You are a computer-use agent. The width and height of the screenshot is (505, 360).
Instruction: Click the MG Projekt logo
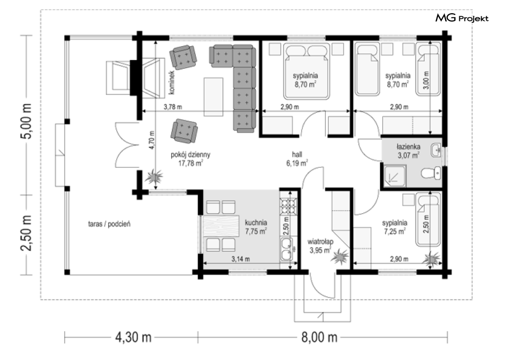[x=462, y=18]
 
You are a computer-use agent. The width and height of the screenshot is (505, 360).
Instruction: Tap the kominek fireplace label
[x=172, y=82]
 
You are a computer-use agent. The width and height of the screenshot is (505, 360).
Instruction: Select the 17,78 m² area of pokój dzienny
[x=190, y=163]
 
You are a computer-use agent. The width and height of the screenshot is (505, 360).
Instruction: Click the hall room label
[x=296, y=155]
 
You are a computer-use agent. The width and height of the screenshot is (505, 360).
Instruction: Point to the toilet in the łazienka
[x=431, y=173]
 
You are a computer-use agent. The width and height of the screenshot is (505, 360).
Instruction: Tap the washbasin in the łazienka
[x=436, y=150]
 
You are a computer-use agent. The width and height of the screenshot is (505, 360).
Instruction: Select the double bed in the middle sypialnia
[x=307, y=71]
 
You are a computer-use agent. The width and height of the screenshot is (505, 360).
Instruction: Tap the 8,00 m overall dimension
[x=319, y=338]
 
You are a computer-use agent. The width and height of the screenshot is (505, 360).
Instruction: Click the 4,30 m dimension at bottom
[x=133, y=338]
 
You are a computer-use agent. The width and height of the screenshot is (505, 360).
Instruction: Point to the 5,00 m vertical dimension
[x=27, y=121]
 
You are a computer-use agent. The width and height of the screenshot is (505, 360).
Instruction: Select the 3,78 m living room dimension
[x=173, y=107]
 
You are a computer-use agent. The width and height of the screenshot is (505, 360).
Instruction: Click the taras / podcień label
[x=109, y=224]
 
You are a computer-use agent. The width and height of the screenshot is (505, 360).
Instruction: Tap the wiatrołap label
[x=320, y=242]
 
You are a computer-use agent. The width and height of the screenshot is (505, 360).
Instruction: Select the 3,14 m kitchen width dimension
[x=240, y=259]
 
